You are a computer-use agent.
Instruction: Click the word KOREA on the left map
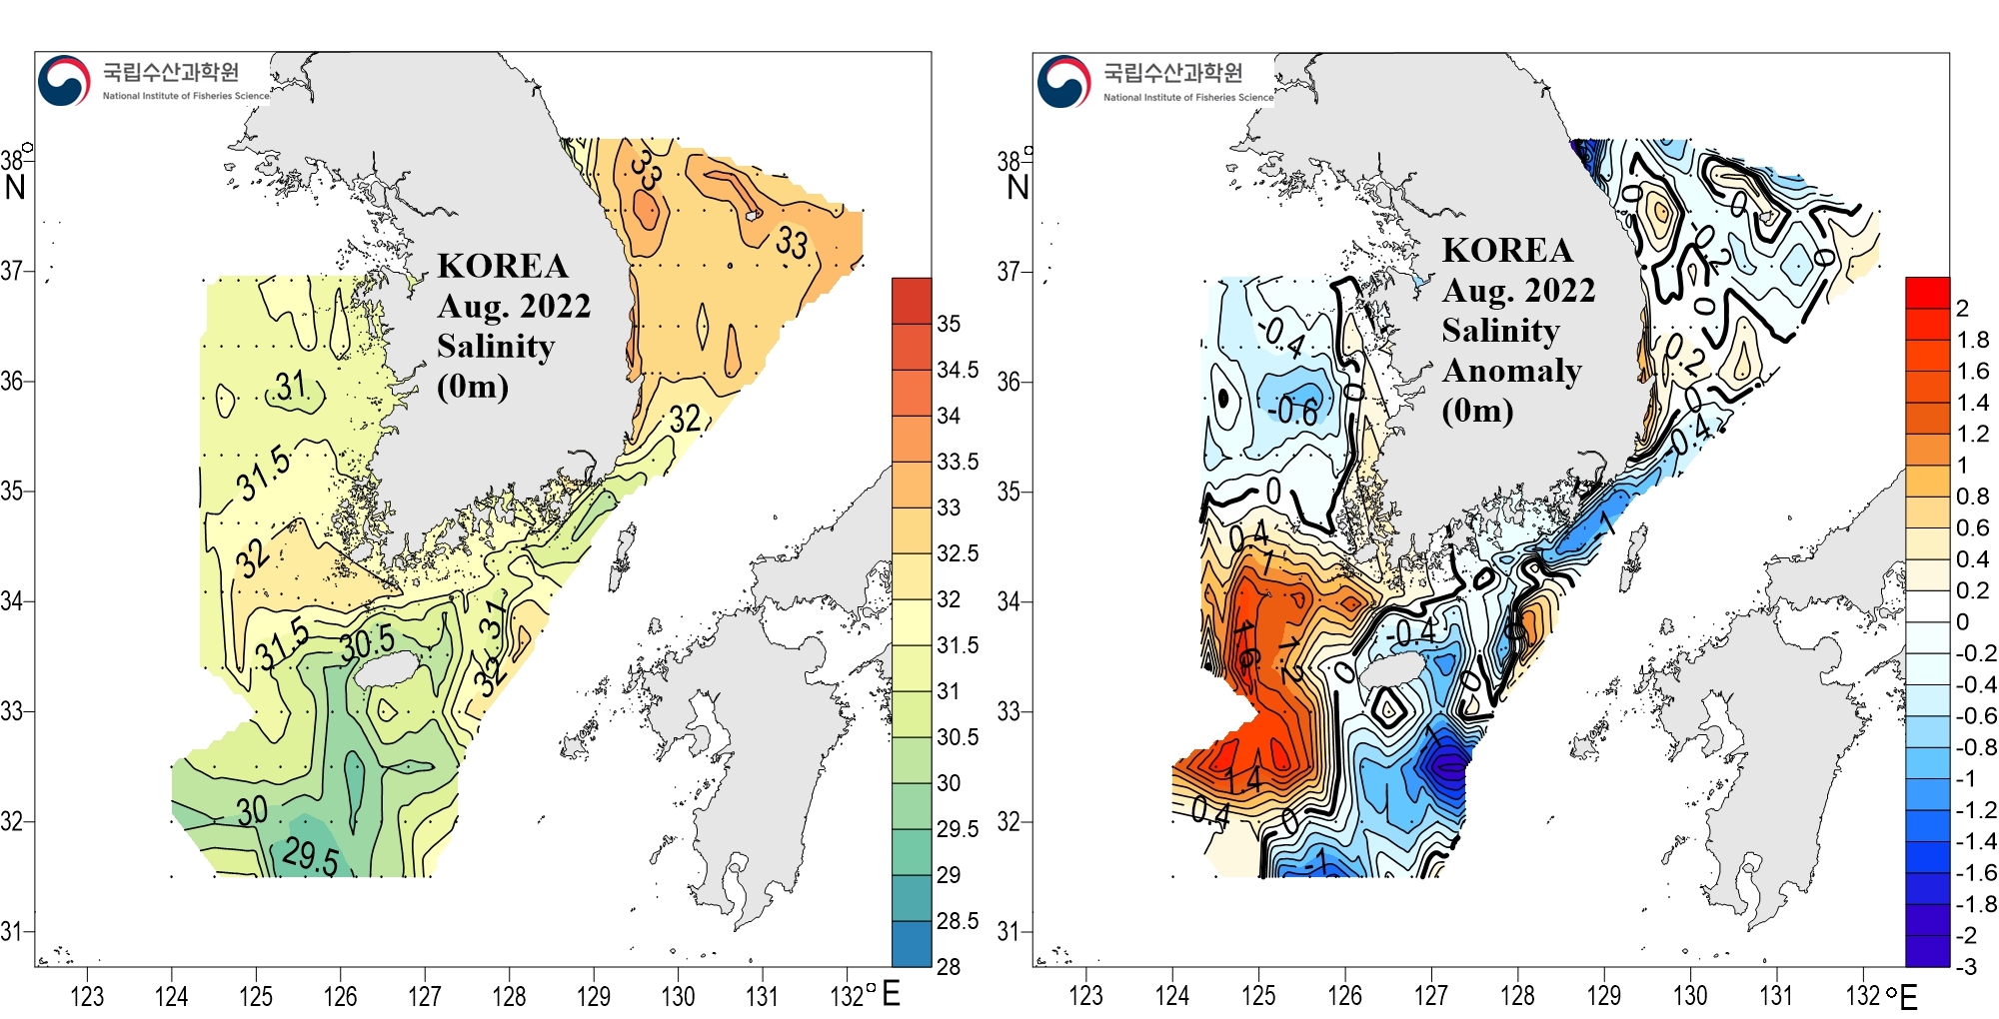tap(502, 266)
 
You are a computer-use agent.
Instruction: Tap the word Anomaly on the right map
tap(1511, 371)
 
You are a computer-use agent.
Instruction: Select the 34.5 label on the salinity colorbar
tap(958, 370)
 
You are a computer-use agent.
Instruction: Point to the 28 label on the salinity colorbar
tap(948, 966)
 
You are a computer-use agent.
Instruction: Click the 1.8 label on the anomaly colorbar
tap(1972, 340)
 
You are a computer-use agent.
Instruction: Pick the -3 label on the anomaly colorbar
tap(1966, 966)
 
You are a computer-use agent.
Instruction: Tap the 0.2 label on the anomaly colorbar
tap(1972, 590)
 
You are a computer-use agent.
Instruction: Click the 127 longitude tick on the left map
tap(425, 996)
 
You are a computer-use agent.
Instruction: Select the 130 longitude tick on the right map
tap(1690, 996)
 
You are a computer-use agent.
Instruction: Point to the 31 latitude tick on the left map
tap(11, 931)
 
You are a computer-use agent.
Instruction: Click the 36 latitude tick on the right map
tap(1008, 382)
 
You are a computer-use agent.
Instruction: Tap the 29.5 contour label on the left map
tap(310, 856)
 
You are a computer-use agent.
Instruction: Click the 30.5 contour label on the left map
tap(367, 643)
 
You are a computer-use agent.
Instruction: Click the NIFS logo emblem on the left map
tap(64, 80)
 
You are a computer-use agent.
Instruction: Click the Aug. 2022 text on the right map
tap(1518, 290)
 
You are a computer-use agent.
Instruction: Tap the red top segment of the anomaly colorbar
tap(1927, 292)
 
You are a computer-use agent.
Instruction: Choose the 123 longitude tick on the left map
tap(87, 996)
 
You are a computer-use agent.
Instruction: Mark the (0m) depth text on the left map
tap(473, 386)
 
